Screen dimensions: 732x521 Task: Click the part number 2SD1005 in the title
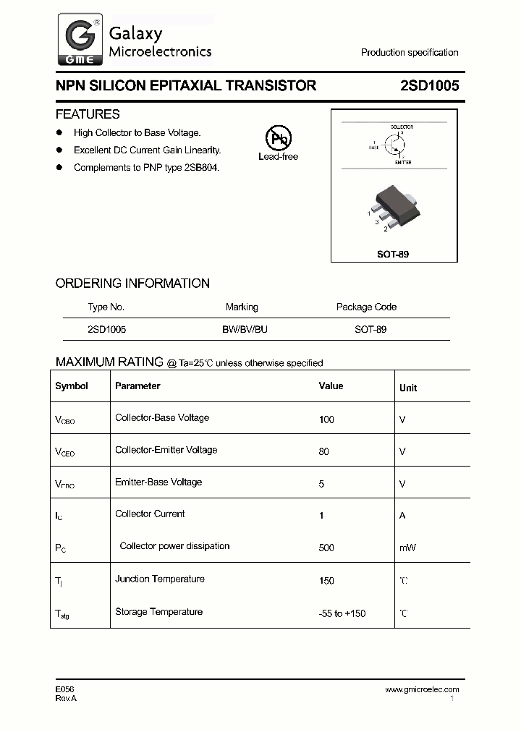click(x=429, y=85)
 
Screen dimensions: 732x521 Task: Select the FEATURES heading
click(x=88, y=114)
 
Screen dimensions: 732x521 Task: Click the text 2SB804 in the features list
click(x=201, y=167)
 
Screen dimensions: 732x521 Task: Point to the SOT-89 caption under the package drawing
click(x=394, y=255)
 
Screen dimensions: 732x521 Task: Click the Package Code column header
click(x=366, y=307)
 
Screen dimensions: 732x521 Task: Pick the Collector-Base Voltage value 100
click(x=326, y=420)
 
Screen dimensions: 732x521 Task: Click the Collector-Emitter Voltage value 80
click(x=323, y=451)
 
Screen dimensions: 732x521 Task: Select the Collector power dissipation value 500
click(x=326, y=548)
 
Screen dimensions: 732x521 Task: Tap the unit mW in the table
click(x=407, y=548)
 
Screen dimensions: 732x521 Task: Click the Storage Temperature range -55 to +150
click(x=342, y=613)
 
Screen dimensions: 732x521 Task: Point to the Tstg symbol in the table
click(x=62, y=613)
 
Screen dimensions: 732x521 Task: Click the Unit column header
click(x=408, y=388)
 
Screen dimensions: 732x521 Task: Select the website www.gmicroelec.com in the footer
click(x=422, y=689)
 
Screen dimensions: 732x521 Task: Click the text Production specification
click(x=410, y=53)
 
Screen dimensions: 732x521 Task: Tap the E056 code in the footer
click(x=65, y=689)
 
